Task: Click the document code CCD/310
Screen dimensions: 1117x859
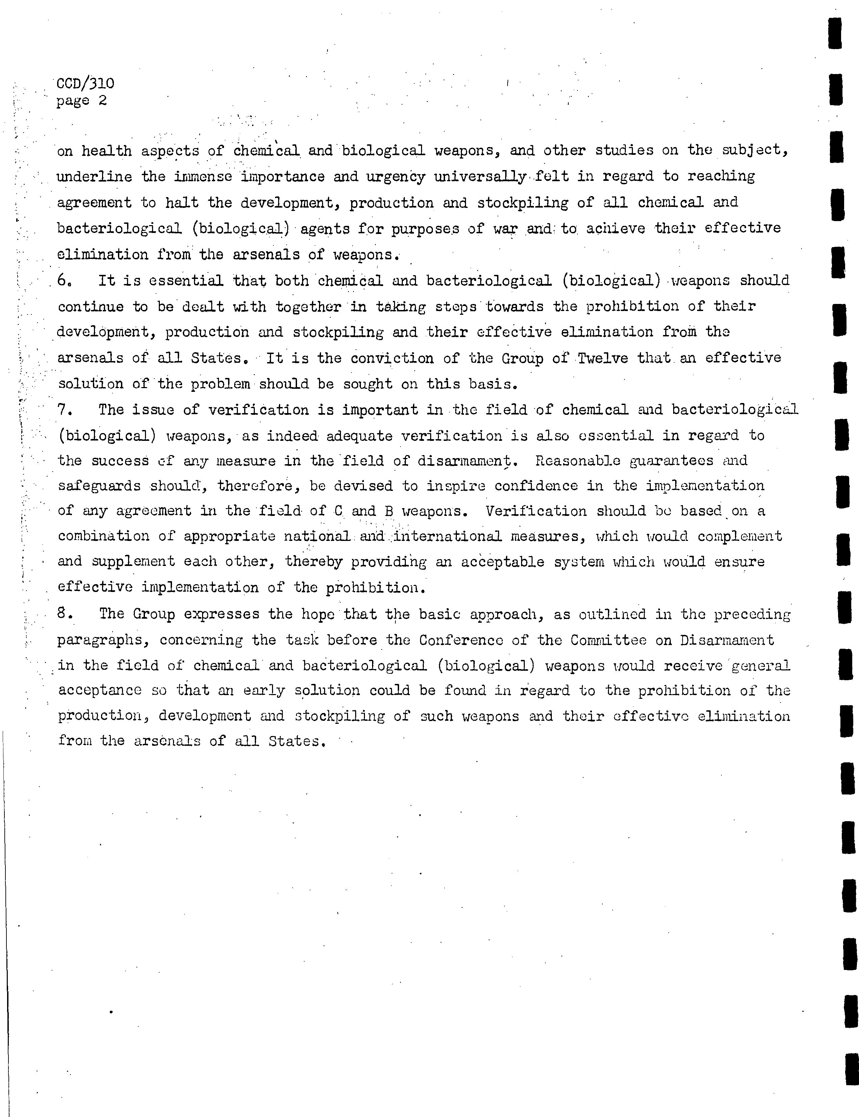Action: coord(85,84)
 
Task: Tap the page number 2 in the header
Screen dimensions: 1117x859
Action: coord(102,100)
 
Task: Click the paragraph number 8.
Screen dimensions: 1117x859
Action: coord(64,613)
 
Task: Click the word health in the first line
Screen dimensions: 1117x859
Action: coord(106,151)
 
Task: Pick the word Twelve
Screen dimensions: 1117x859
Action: coord(602,358)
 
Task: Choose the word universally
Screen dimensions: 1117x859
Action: coord(480,177)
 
